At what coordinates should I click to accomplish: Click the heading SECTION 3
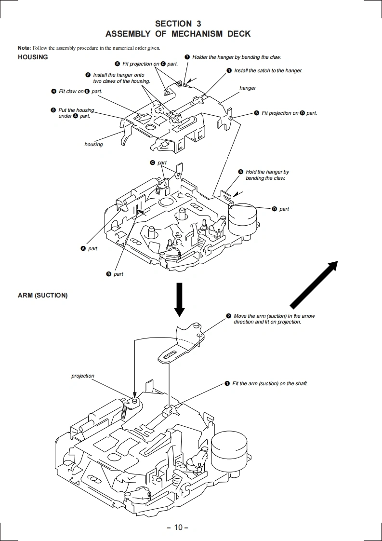tap(178, 23)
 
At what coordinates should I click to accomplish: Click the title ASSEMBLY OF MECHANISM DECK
tap(178, 34)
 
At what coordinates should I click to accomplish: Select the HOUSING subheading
tap(33, 57)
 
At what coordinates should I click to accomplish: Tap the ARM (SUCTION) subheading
tap(42, 295)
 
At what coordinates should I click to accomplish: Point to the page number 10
tap(178, 527)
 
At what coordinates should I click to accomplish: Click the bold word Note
tap(24, 48)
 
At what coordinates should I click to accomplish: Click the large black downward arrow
tap(179, 299)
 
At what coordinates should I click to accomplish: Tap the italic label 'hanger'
tap(248, 88)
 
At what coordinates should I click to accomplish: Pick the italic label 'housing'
tap(93, 144)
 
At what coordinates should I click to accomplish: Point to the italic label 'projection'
tap(83, 376)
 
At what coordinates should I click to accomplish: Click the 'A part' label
tap(89, 248)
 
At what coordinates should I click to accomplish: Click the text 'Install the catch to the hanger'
tap(268, 71)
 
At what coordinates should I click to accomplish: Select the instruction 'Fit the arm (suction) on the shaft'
tap(270, 383)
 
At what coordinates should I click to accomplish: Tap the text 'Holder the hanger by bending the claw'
tap(236, 57)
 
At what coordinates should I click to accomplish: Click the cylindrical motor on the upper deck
tap(243, 219)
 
